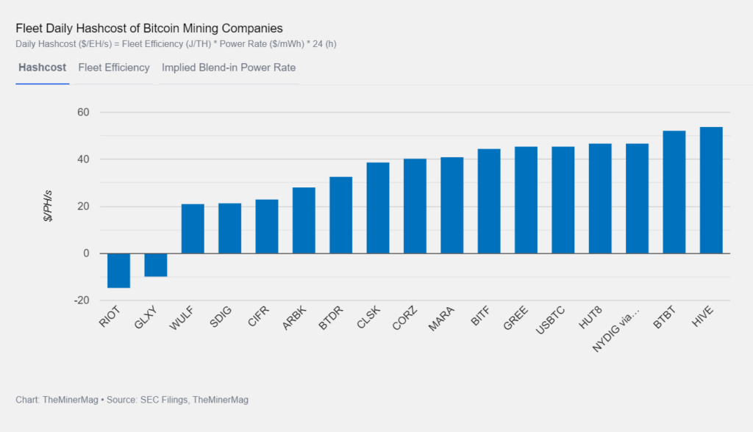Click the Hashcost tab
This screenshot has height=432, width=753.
coord(42,68)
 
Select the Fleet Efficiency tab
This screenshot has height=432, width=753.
coord(114,68)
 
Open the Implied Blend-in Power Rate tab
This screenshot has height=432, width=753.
coord(229,68)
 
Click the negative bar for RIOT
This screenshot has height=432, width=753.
coord(118,270)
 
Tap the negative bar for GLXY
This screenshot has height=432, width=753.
coord(155,265)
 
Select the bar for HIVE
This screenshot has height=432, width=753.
coord(711,190)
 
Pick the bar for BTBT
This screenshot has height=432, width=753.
coord(674,192)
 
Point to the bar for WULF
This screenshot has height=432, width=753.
coord(193,228)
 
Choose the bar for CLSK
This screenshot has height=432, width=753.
coord(378,208)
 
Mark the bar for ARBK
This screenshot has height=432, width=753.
coord(304,220)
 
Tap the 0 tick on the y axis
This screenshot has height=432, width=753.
coord(85,253)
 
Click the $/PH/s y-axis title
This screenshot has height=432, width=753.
coord(49,206)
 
